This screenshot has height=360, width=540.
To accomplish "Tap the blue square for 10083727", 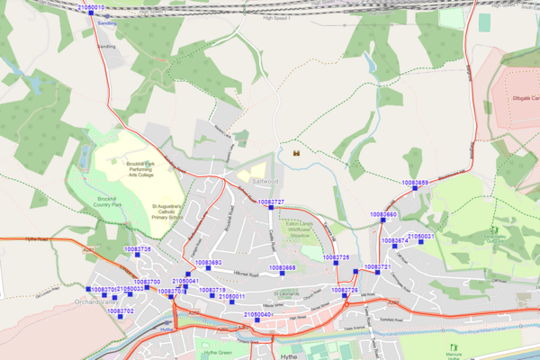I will click(x=271, y=209).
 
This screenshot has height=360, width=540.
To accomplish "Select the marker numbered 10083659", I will click(x=415, y=189).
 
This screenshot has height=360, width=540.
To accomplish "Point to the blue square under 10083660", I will click(x=383, y=221).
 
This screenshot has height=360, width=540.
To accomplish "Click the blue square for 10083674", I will click(x=396, y=248).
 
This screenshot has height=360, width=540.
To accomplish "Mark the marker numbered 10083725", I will click(x=336, y=265).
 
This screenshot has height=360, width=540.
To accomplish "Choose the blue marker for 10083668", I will click(x=282, y=274).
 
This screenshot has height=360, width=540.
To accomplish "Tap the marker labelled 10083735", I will click(x=138, y=256).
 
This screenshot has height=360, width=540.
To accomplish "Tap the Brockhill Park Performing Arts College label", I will click(x=140, y=169).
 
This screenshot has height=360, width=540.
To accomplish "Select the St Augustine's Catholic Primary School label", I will click(x=166, y=211).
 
